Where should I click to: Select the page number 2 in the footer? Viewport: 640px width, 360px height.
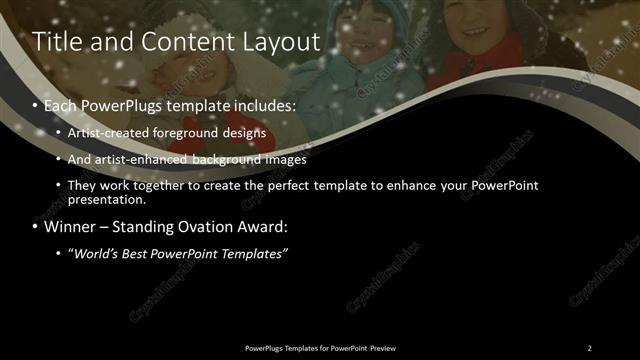click(589, 348)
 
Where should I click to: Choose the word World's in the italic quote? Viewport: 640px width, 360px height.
click(98, 254)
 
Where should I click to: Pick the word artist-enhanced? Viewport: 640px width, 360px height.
click(127, 160)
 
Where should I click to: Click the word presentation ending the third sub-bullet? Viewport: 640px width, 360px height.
click(103, 199)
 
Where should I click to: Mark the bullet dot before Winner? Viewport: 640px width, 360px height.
click(36, 228)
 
